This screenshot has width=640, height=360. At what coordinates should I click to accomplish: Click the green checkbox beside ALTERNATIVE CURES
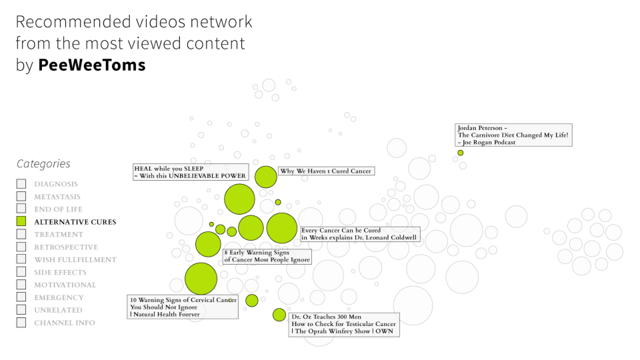(x=21, y=222)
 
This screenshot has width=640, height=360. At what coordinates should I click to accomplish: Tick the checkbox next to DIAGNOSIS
(x=21, y=184)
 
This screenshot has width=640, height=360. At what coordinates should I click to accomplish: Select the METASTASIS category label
(x=57, y=197)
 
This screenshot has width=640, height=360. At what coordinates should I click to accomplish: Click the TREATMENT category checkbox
(x=21, y=235)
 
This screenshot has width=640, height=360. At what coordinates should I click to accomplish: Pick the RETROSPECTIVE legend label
(x=65, y=247)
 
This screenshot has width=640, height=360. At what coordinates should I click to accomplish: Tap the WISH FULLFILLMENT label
(x=75, y=260)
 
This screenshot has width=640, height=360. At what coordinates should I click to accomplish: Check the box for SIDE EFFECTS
(x=21, y=273)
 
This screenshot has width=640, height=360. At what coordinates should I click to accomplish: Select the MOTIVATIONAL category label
(x=65, y=285)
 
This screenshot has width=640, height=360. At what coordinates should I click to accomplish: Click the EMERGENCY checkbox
(x=21, y=297)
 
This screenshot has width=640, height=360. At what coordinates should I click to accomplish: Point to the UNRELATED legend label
(x=59, y=310)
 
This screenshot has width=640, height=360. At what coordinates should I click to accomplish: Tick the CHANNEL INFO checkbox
(x=21, y=323)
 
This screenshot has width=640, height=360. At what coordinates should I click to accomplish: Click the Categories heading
(x=43, y=164)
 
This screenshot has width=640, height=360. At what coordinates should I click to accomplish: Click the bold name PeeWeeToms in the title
(x=92, y=65)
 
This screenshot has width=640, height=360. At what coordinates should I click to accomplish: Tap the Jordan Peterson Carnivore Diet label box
(x=513, y=135)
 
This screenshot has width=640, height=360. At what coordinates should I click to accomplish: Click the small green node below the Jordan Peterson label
(x=460, y=153)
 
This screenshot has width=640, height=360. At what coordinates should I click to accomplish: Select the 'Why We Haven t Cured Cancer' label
(x=325, y=171)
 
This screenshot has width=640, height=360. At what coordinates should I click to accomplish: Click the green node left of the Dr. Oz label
(x=279, y=315)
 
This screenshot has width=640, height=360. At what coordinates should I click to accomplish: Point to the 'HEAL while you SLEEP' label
(x=191, y=173)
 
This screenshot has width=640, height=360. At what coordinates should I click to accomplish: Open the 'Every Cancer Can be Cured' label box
(x=359, y=234)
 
